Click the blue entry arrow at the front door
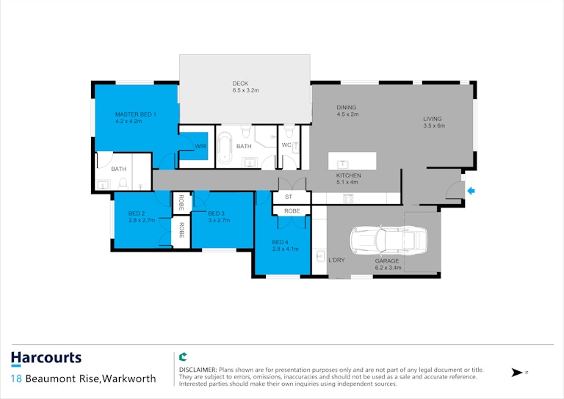point(471,191)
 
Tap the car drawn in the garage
point(388,241)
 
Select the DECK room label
point(240,84)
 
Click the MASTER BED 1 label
point(136,114)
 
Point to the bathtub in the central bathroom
point(225,148)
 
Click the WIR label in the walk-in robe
point(200,146)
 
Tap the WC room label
point(286,145)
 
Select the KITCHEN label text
point(348,175)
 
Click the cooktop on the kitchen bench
point(348,198)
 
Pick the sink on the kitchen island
point(342,164)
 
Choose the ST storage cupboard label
point(289,197)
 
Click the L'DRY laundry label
point(336,260)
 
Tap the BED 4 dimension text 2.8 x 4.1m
point(285,249)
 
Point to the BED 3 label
point(216,213)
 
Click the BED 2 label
point(137,213)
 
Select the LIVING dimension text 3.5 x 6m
point(434,125)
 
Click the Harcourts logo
point(46,359)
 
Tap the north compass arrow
point(517,373)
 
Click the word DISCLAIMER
point(198,370)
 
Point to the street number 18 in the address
point(16,378)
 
